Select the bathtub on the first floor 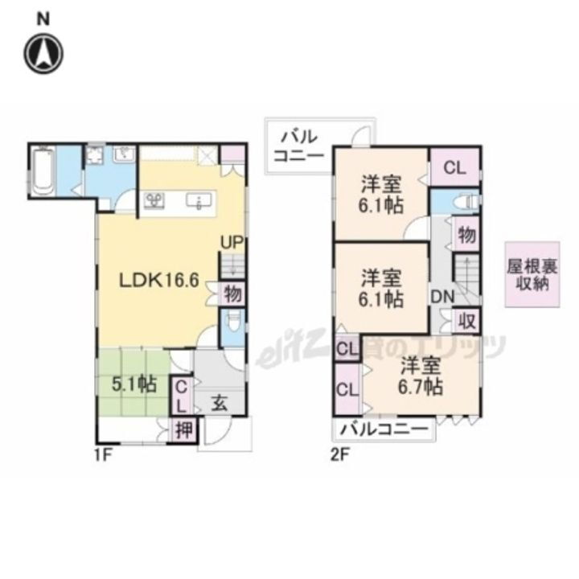click(x=43, y=170)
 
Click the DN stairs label click(x=443, y=296)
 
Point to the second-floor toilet click(x=467, y=201)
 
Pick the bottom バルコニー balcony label click(x=382, y=429)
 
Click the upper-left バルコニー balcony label click(x=298, y=145)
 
